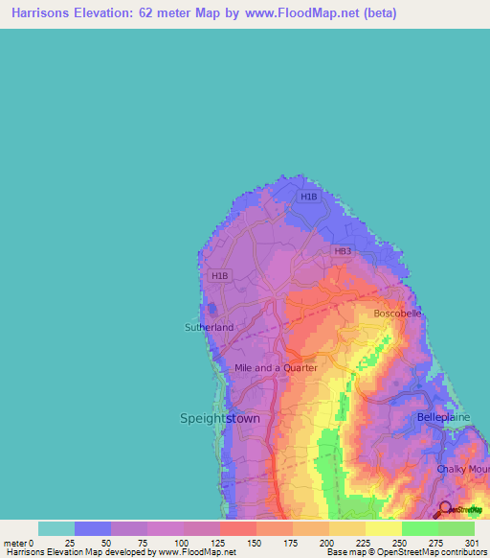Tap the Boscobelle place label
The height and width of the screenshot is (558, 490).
[396, 314]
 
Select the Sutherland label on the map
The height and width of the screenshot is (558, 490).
[209, 327]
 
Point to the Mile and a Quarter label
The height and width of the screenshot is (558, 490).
[276, 367]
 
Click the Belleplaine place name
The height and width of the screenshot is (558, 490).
[445, 418]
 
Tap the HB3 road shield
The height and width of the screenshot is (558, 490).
[343, 251]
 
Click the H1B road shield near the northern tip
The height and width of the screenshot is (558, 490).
[308, 197]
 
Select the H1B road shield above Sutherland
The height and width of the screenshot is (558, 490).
[219, 276]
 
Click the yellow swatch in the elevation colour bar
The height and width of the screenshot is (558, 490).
[383, 528]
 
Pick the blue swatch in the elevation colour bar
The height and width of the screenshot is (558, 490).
[92, 528]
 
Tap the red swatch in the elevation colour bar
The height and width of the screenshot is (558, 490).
[237, 528]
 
